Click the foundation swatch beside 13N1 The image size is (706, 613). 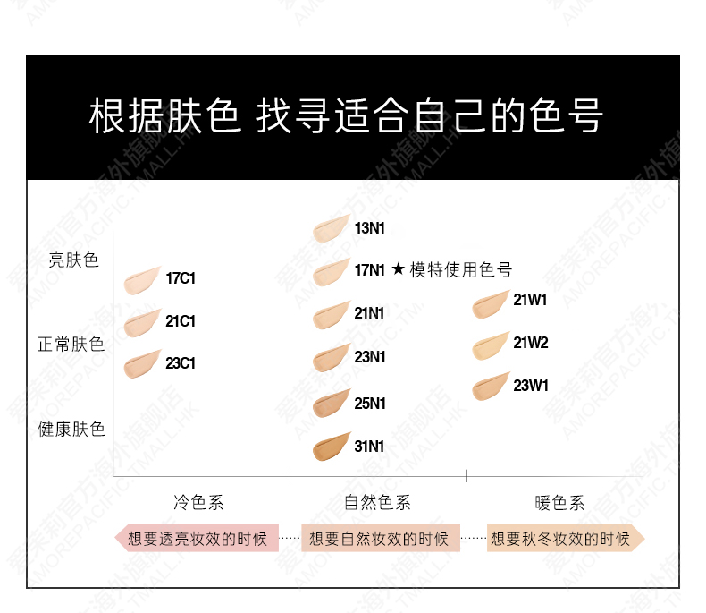[331, 229]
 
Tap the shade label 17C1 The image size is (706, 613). [181, 278]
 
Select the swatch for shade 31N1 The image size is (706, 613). [331, 447]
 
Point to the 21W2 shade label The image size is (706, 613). [531, 343]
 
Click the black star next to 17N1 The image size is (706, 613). [398, 269]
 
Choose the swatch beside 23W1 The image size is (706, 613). [491, 387]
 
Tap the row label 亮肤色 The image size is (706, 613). [73, 260]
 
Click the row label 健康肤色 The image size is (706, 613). [71, 430]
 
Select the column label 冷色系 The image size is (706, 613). [198, 502]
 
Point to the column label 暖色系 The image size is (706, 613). [559, 502]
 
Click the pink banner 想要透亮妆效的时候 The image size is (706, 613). [197, 538]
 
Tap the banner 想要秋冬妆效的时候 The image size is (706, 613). [566, 538]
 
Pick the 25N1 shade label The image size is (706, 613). [370, 404]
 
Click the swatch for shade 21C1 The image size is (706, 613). [142, 323]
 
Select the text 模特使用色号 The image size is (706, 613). [460, 269]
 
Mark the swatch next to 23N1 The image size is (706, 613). [331, 358]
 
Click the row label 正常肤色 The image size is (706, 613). [71, 345]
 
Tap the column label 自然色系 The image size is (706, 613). [377, 502]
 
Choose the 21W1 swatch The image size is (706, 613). [491, 304]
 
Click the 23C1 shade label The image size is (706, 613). [181, 363]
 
